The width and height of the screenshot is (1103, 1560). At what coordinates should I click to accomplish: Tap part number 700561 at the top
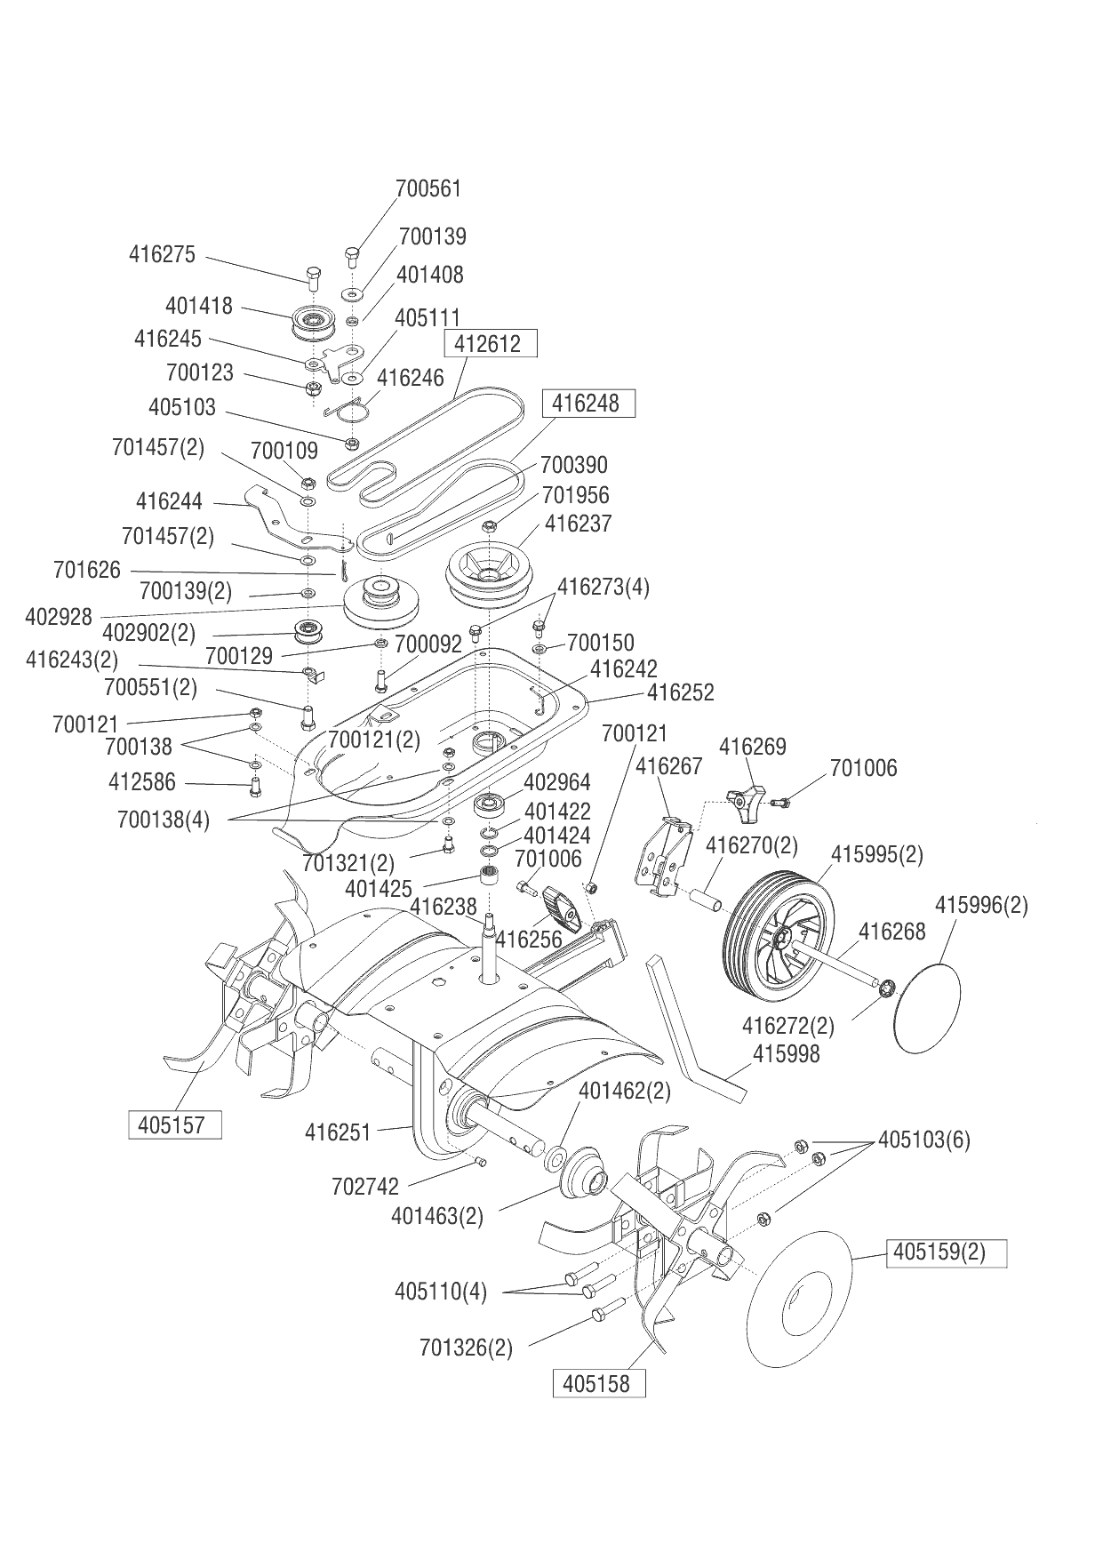point(428,188)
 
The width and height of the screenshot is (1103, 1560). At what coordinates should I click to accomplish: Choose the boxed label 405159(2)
point(945,1252)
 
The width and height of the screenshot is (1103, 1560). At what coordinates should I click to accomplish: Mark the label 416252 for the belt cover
point(680,692)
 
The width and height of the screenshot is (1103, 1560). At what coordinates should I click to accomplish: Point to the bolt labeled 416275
point(312,276)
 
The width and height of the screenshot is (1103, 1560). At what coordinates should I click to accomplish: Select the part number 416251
point(338,1132)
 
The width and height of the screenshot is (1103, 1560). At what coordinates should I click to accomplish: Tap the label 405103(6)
point(923,1140)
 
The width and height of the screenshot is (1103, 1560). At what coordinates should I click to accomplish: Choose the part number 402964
point(557,782)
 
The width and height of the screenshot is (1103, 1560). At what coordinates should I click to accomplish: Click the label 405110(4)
point(441,1292)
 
